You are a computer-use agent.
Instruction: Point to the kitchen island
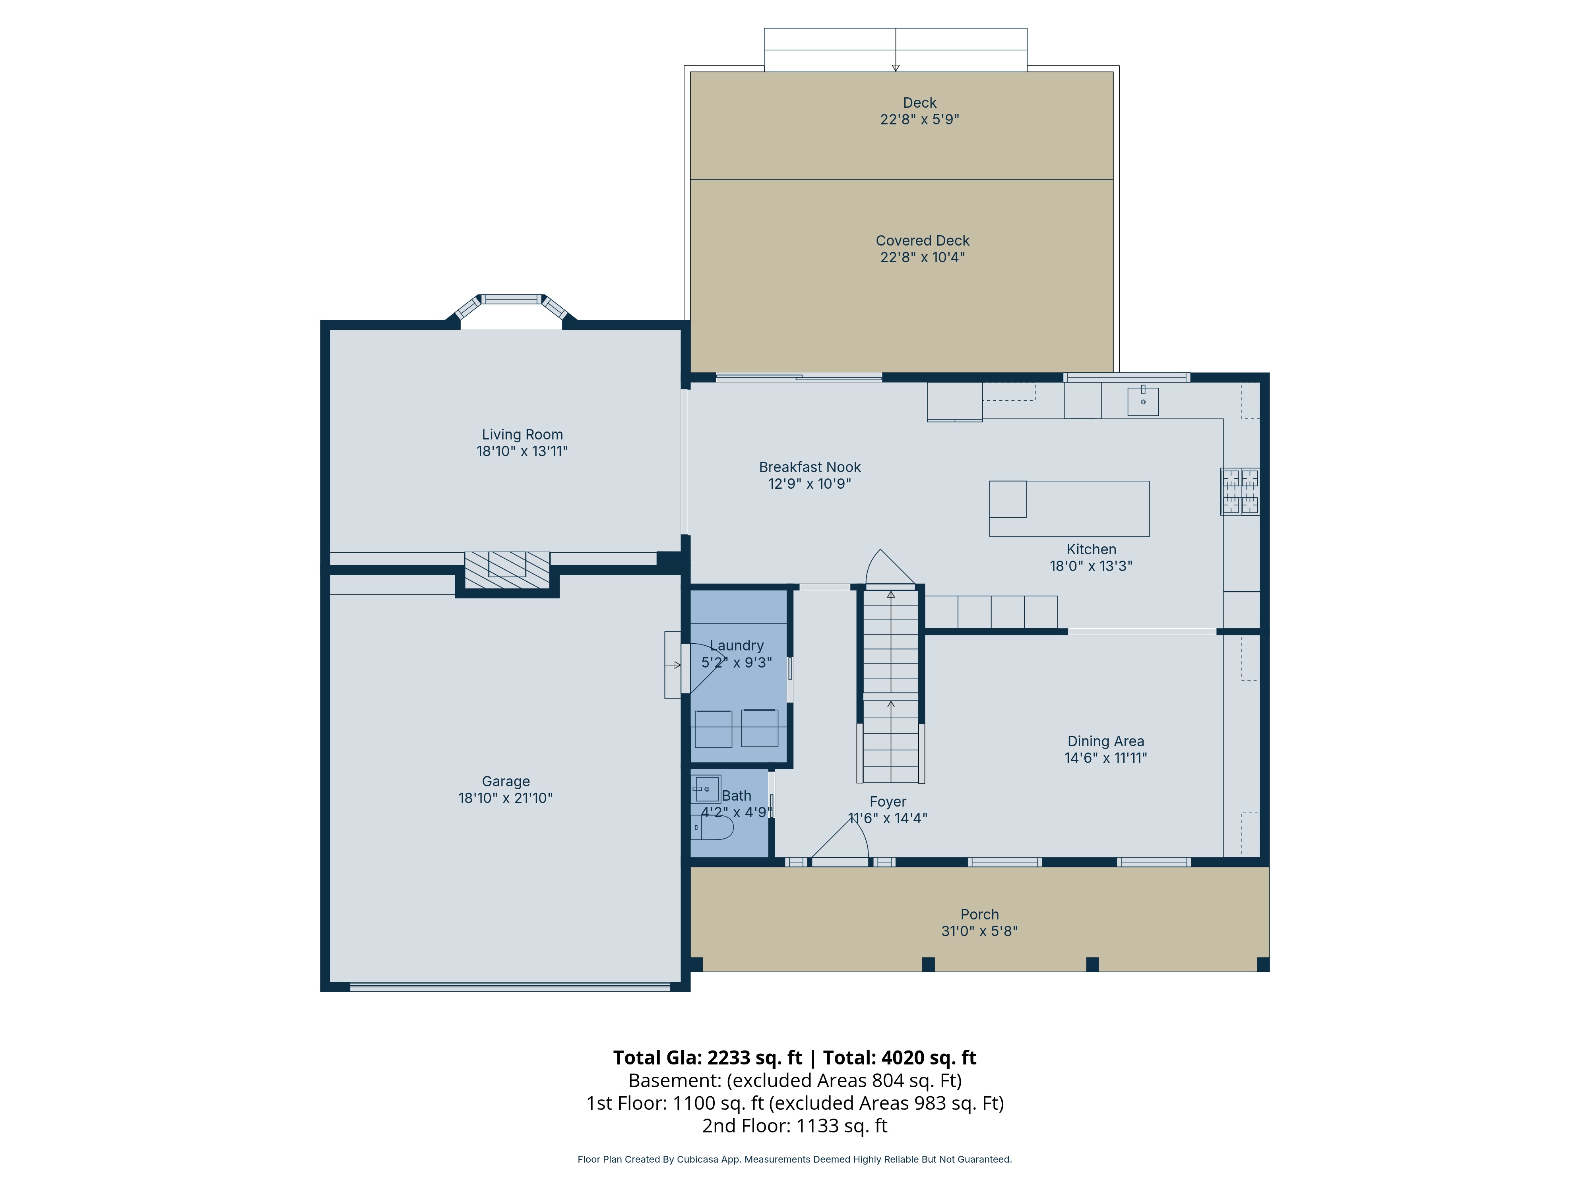[1069, 509]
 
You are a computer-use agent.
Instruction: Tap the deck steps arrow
[896, 50]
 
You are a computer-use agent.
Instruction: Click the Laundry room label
[737, 646]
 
